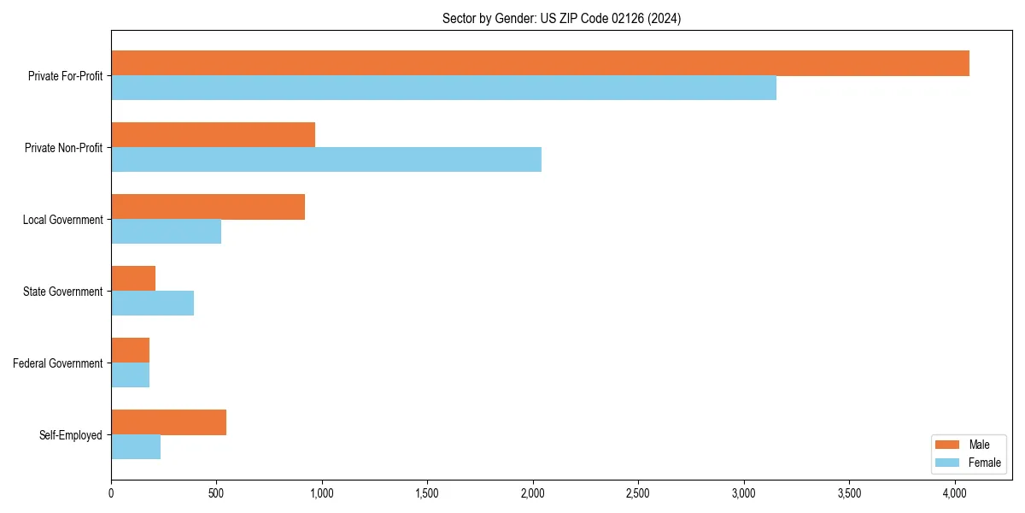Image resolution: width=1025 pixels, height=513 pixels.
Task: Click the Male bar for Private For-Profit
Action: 540,63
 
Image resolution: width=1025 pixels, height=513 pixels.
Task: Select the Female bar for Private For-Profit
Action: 443,88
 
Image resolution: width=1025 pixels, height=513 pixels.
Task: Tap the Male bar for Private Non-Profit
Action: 213,135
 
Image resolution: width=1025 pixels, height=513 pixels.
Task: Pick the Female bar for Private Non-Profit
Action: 325,160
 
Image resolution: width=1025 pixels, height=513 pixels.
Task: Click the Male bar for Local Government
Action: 208,207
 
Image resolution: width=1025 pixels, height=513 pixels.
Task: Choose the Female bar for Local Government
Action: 166,232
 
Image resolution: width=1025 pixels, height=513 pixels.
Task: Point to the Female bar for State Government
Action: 152,304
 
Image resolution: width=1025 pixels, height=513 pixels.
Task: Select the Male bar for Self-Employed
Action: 168,422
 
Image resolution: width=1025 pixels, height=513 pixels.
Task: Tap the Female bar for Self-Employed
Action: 136,447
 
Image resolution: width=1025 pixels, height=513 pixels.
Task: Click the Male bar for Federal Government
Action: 130,351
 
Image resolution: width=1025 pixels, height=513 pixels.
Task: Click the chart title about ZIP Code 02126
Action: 561,18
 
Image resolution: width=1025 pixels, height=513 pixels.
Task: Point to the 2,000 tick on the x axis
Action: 533,493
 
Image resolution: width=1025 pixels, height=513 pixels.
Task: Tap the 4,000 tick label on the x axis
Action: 955,493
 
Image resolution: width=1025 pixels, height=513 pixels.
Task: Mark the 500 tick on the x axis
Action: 216,493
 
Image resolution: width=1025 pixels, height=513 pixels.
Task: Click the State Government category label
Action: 62,292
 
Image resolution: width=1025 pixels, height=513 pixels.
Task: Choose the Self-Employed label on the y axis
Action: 71,435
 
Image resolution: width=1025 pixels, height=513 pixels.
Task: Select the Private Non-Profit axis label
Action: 63,148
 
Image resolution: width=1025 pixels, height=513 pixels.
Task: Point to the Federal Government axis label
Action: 58,363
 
